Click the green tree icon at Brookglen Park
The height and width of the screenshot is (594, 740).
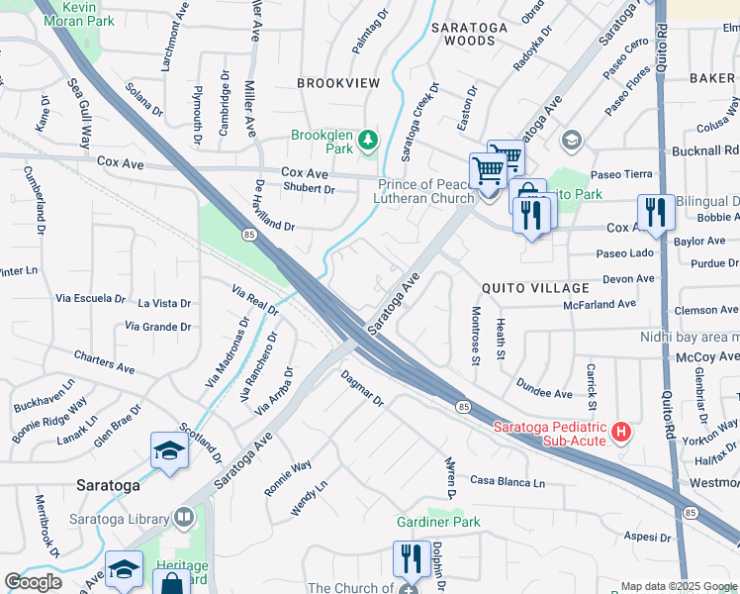point(369,140)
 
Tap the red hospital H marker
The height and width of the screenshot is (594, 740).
point(621,432)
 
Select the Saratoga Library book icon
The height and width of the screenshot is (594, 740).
point(184,517)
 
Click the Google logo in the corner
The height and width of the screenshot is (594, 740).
point(33,582)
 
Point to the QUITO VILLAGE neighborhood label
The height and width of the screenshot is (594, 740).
point(535,287)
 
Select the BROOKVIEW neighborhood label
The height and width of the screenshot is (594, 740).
point(338,85)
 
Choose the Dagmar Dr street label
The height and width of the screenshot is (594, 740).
point(361,388)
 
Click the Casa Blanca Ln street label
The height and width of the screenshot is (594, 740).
point(508,482)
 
